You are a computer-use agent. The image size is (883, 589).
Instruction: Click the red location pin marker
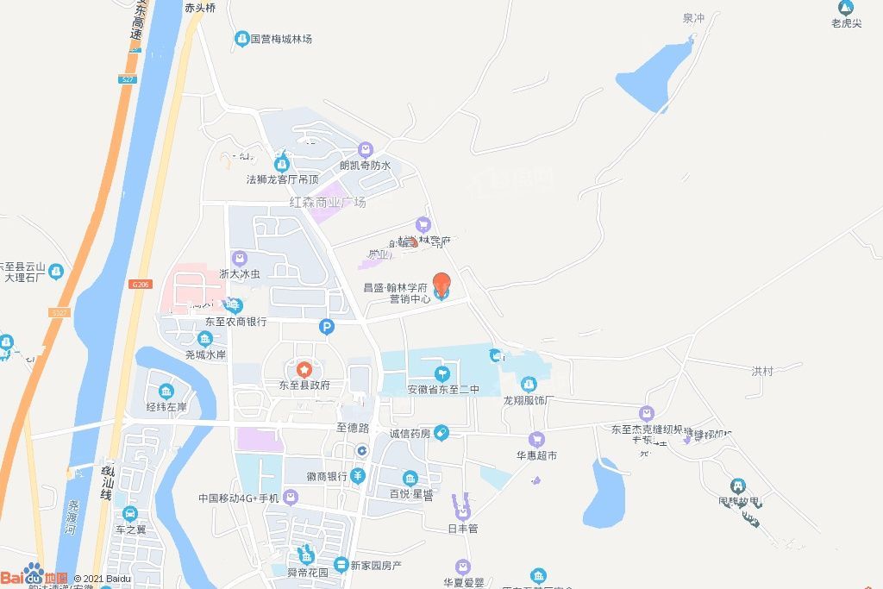[441, 282]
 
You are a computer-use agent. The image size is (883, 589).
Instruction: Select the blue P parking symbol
[326, 326]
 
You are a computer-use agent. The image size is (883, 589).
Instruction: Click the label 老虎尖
[846, 23]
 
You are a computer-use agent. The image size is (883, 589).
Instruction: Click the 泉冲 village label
[693, 18]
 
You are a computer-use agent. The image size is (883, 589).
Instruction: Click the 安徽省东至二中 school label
[442, 390]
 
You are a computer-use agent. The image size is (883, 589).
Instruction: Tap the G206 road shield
[141, 284]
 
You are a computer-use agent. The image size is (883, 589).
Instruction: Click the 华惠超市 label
[536, 454]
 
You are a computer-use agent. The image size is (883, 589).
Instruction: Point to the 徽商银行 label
[326, 476]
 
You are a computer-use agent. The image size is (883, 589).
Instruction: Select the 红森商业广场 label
[328, 203]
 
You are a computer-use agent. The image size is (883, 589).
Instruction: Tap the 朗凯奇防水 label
[366, 166]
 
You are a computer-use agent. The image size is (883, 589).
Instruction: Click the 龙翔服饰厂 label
[529, 400]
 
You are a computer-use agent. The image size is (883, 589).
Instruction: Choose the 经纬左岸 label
[166, 407]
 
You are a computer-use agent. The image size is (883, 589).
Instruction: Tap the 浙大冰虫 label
[240, 273]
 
